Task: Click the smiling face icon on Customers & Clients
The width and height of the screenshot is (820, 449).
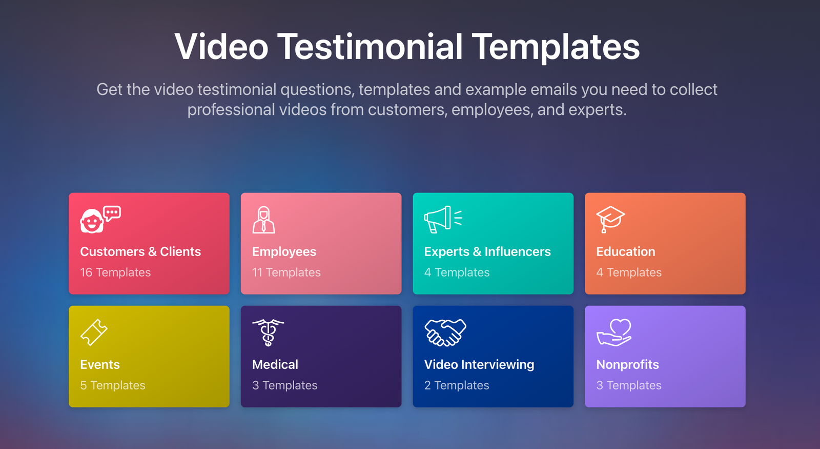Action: pos(91,222)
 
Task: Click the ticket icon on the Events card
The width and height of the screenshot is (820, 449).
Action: pos(94,332)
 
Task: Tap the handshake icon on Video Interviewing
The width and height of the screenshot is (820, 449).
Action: pos(445,332)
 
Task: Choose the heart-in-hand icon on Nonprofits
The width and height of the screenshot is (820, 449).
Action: pos(614,332)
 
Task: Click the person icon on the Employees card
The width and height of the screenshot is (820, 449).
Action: pos(263,220)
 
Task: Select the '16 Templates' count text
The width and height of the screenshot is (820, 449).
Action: pos(115,272)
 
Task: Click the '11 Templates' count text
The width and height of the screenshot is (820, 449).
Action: pos(286,272)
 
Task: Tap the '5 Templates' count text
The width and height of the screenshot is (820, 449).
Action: pos(113,385)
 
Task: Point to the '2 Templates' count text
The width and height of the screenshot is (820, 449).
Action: pos(457,385)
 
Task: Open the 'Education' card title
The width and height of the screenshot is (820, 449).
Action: pos(625,251)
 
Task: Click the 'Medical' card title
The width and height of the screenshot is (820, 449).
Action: pos(275,364)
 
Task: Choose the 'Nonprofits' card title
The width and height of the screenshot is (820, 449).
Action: pos(627,364)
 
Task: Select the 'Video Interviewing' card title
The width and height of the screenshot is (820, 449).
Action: pos(479,364)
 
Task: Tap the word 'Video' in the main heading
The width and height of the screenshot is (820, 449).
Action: pos(221,47)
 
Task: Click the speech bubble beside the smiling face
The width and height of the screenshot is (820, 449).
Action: pos(112,212)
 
